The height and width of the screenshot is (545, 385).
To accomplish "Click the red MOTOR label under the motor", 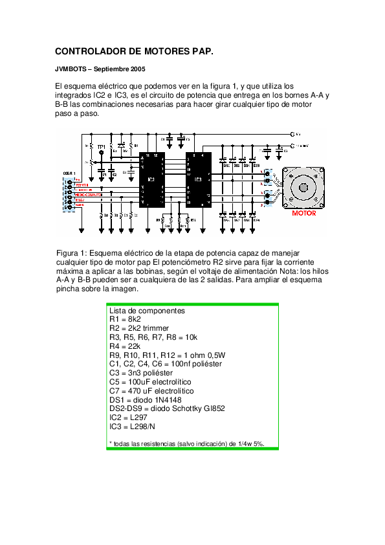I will pyautogui.click(x=303, y=213).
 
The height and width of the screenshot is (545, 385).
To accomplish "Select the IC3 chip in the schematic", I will pyautogui.click(x=197, y=179).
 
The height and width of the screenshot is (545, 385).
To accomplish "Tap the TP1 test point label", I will pyautogui.click(x=101, y=148).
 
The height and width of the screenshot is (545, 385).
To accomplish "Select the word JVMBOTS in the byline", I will pyautogui.click(x=71, y=69).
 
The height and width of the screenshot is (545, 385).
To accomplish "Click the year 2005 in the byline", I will pyautogui.click(x=137, y=69).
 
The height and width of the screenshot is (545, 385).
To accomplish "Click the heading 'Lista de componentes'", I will pyautogui.click(x=147, y=311).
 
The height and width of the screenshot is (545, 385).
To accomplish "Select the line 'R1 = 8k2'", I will pyautogui.click(x=125, y=320).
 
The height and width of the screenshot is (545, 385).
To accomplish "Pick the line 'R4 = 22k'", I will pyautogui.click(x=125, y=346).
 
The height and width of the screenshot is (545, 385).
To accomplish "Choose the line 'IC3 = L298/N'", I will pyautogui.click(x=132, y=427).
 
